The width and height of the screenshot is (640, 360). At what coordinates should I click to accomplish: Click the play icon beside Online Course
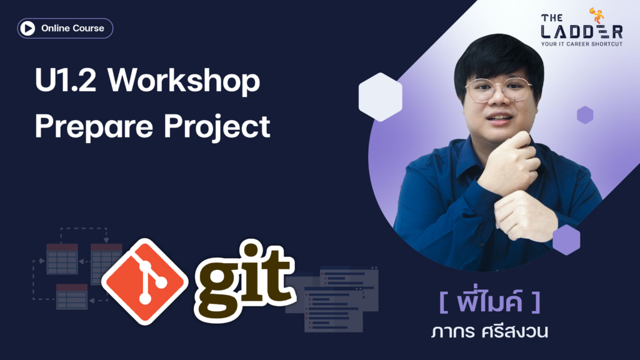click(x=27, y=28)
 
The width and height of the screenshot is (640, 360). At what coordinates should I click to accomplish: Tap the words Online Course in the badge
click(x=72, y=28)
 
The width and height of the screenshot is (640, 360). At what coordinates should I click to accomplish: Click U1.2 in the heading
click(x=66, y=81)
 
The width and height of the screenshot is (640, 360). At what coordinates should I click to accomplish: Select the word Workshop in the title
click(x=184, y=81)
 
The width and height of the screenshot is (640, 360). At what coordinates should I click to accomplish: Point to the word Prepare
click(x=94, y=127)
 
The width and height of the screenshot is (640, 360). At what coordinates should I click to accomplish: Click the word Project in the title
click(x=217, y=127)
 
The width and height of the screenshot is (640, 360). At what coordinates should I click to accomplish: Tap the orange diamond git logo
click(x=145, y=282)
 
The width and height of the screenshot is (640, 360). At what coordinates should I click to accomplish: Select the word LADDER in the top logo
click(x=582, y=32)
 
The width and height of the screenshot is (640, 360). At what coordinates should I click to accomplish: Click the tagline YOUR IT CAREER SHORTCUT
click(x=582, y=44)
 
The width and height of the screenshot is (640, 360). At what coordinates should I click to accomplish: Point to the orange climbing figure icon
click(x=597, y=16)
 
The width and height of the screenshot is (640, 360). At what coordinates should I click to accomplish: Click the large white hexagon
click(x=381, y=97)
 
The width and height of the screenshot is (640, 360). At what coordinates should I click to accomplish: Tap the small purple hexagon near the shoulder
click(x=585, y=115)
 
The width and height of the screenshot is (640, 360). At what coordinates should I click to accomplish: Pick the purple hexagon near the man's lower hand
click(x=566, y=240)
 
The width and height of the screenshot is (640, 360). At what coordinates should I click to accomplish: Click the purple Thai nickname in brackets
click(x=490, y=301)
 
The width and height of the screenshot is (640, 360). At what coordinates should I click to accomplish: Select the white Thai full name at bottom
click(x=489, y=331)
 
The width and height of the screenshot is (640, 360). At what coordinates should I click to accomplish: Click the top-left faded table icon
click(x=62, y=259)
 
